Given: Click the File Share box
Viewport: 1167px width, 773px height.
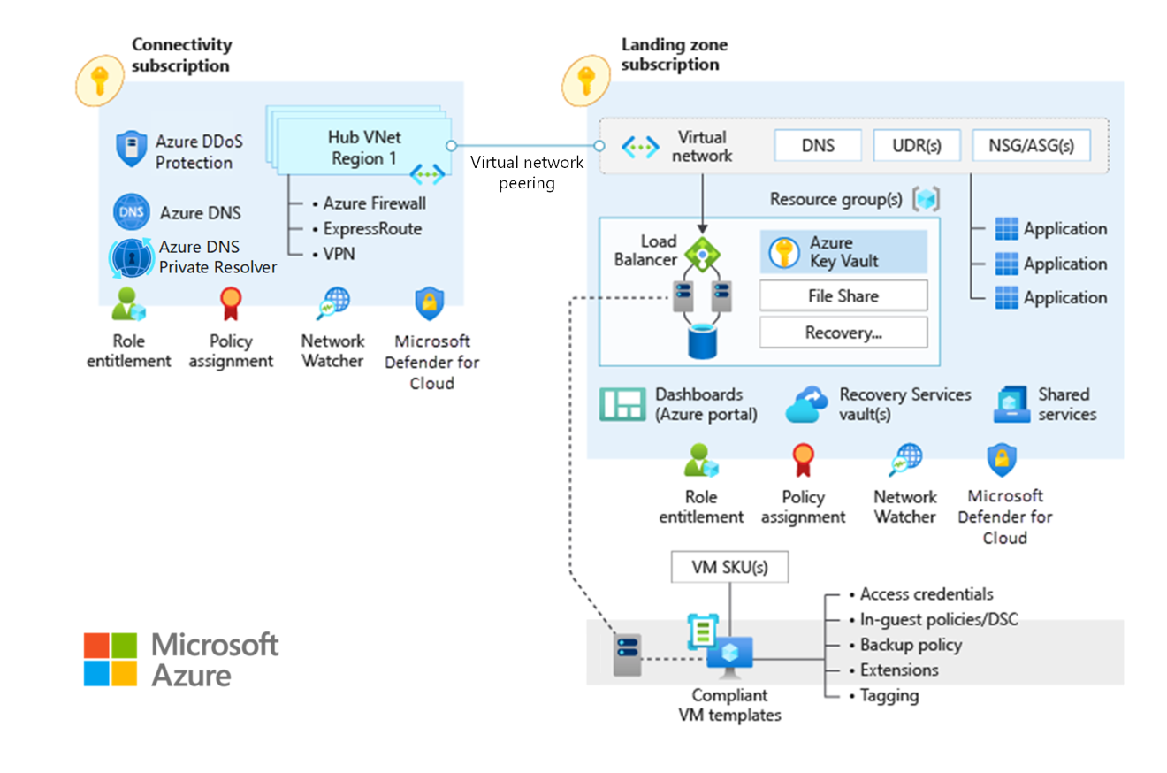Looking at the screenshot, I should click(x=843, y=295).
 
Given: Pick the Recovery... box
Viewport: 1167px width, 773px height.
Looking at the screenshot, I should click(x=843, y=333).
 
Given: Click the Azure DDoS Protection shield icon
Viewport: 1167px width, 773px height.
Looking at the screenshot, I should click(x=131, y=149).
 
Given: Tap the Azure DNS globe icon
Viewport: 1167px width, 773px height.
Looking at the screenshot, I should click(x=131, y=212).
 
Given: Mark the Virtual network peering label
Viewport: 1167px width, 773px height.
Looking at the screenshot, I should click(x=526, y=172).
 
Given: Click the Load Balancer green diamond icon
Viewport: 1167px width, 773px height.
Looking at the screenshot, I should click(x=701, y=255).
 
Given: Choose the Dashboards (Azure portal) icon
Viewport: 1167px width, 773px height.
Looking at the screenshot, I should click(x=623, y=403).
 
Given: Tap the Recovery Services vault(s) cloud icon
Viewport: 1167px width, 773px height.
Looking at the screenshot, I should click(x=807, y=403).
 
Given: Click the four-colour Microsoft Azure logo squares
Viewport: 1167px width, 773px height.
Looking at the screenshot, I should click(x=111, y=659).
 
